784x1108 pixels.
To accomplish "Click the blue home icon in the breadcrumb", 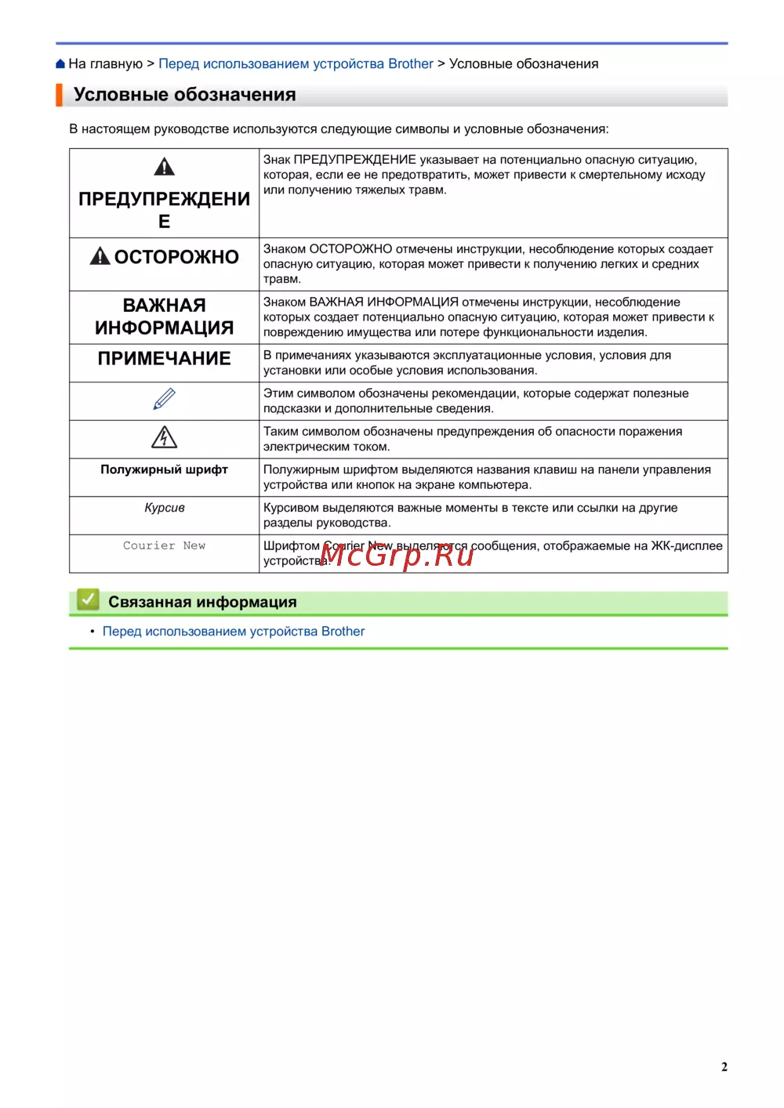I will tap(60, 64).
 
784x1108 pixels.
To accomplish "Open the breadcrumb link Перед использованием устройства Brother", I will tap(296, 64).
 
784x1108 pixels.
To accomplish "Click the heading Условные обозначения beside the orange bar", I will tap(184, 95).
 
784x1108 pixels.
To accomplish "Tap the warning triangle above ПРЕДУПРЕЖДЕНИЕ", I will tap(164, 167).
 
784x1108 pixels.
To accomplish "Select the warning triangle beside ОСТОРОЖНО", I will tap(100, 256).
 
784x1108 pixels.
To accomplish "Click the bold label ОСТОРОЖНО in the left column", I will tap(176, 257).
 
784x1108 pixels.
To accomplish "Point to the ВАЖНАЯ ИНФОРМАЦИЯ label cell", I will tap(164, 317).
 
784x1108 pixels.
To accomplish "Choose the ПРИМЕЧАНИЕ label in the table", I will tap(164, 359).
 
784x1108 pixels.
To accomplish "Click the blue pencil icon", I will tap(164, 400).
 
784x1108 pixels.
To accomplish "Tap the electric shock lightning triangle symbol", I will tap(164, 437).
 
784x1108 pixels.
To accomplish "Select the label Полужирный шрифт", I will tap(164, 469).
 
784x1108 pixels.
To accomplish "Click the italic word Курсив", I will tap(164, 508).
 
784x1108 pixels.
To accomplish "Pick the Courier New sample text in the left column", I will tap(164, 545).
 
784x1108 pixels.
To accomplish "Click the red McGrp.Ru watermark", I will tap(397, 555).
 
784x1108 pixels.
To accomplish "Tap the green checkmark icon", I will tap(88, 600).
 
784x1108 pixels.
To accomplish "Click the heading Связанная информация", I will tap(202, 602).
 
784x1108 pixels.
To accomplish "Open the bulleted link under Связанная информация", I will tap(233, 632).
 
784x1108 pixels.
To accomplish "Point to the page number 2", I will tap(724, 1066).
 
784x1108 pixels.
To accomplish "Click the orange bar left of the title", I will tap(59, 95).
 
